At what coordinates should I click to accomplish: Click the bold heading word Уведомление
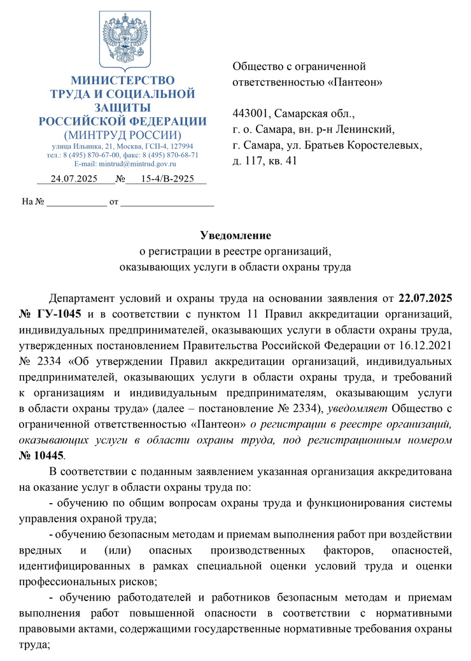(x=236, y=235)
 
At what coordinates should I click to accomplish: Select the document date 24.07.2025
(x=73, y=179)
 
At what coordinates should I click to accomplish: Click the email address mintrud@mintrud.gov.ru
(x=130, y=164)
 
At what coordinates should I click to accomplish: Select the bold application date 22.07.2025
(x=425, y=297)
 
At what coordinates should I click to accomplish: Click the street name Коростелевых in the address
(x=388, y=146)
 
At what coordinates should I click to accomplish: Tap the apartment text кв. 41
(x=280, y=161)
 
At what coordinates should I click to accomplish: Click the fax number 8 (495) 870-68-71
(x=171, y=155)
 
